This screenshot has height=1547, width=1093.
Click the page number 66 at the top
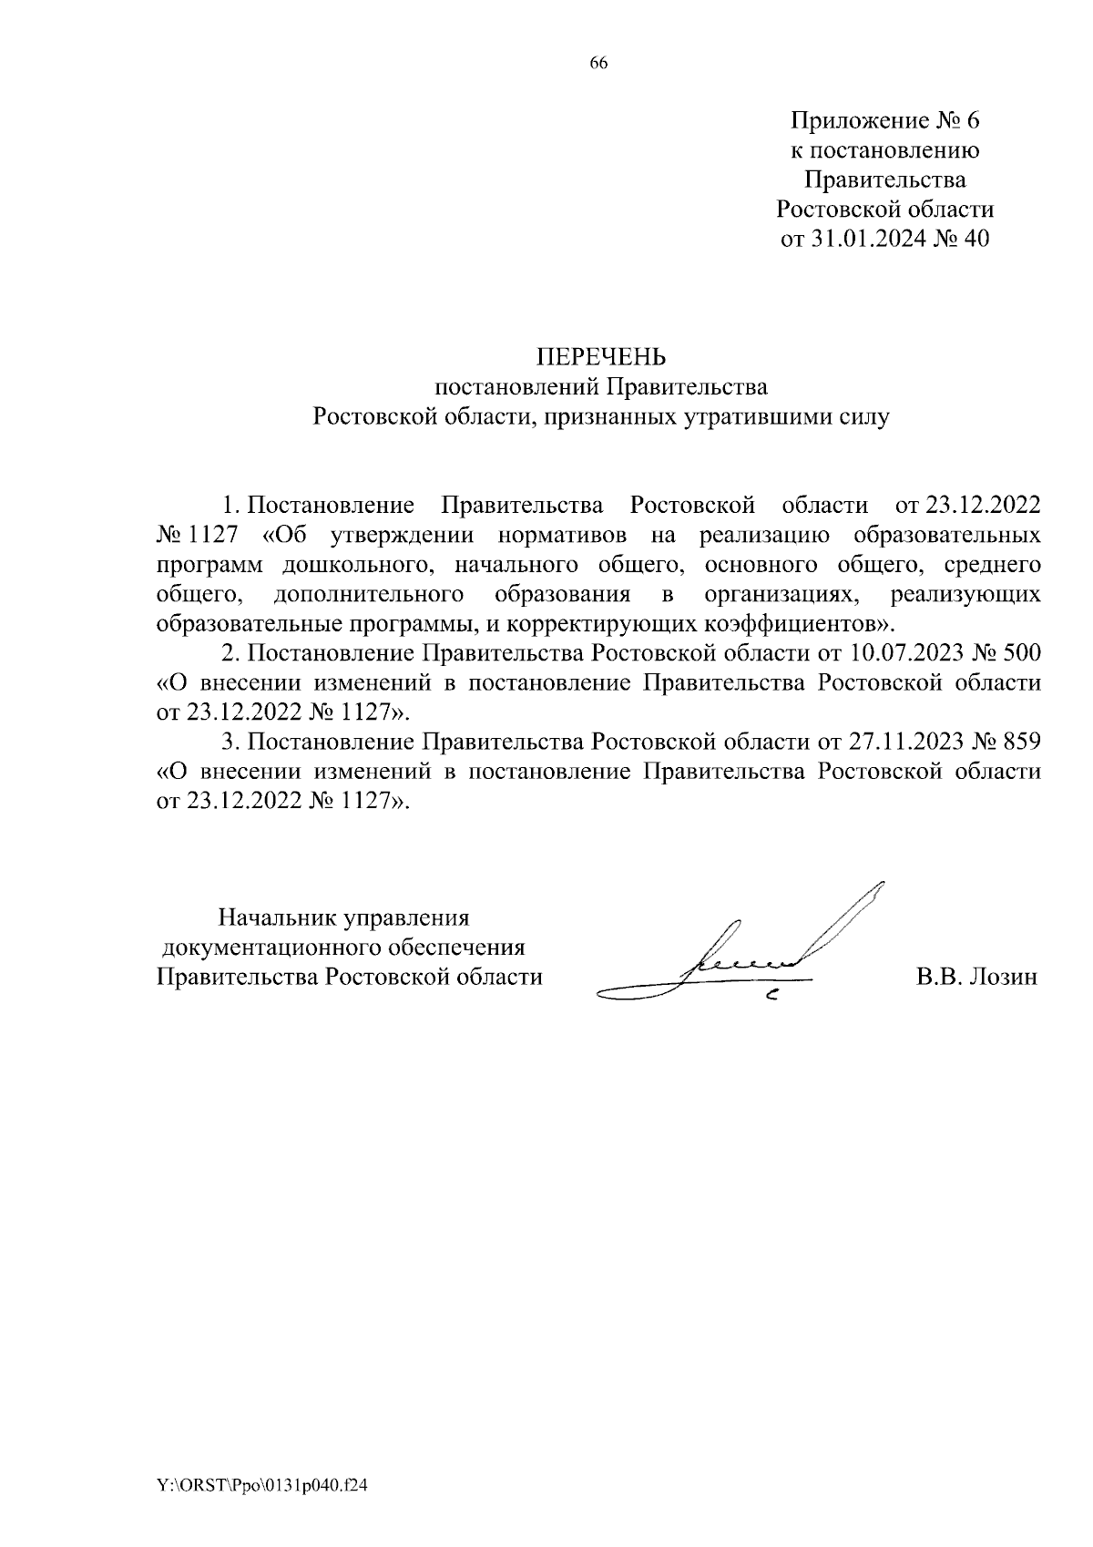(598, 63)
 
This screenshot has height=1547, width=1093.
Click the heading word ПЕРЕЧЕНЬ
(600, 355)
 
